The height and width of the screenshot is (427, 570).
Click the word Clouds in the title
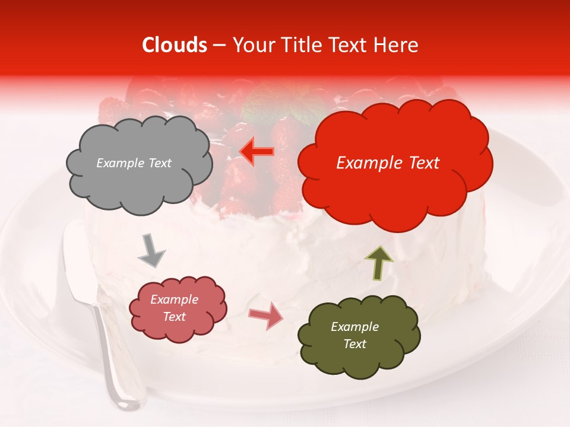click(x=175, y=45)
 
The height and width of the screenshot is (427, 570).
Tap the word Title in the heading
click(x=296, y=45)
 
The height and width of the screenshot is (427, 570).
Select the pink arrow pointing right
click(x=266, y=316)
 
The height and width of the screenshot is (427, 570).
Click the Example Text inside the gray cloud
click(x=134, y=163)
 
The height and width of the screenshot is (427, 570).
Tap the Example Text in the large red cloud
click(x=388, y=163)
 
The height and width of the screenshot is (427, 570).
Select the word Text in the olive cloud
click(x=354, y=344)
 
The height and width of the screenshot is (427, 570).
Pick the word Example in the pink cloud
click(x=174, y=299)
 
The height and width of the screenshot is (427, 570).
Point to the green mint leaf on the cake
click(x=270, y=110)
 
